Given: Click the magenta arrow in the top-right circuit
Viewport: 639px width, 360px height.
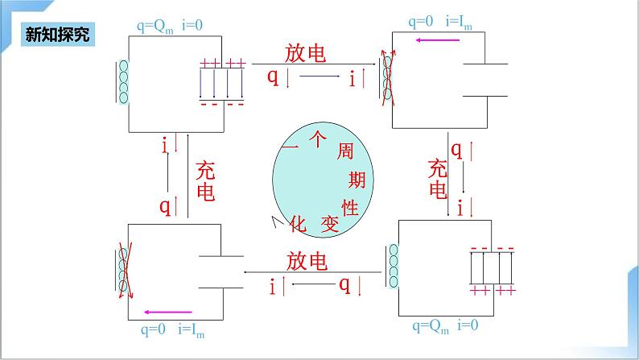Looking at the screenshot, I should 439,39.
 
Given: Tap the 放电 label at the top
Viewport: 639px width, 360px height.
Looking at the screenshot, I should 306,53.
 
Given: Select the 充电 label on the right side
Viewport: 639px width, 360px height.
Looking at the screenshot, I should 437,179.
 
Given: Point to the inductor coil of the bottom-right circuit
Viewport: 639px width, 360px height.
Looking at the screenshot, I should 393,267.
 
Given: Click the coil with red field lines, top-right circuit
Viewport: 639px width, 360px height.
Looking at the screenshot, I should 388,79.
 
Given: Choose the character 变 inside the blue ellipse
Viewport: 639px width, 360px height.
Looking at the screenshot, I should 328,226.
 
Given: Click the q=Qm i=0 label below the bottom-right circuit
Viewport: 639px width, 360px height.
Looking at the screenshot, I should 445,326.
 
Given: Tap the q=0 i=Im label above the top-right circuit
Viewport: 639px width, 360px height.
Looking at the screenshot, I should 439,23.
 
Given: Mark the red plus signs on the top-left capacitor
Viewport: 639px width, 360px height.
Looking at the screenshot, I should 222,63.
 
